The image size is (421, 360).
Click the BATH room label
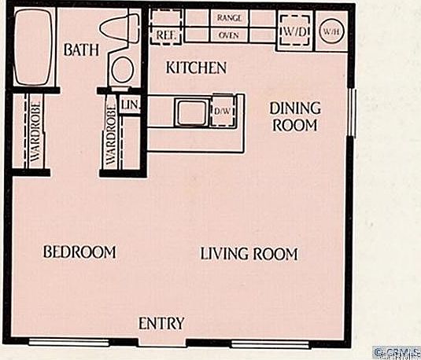[x=82, y=50]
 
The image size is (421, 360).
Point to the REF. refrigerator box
[x=165, y=35]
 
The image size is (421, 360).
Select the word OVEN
[x=228, y=35]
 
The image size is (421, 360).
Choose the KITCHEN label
[x=196, y=68]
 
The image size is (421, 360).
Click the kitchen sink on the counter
[x=191, y=112]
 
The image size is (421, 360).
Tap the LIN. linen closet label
[x=130, y=105]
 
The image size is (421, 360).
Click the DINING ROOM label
[x=294, y=116]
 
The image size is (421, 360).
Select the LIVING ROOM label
[x=249, y=254]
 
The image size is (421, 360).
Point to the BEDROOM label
[x=79, y=252]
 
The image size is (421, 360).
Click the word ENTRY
[x=161, y=323]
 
